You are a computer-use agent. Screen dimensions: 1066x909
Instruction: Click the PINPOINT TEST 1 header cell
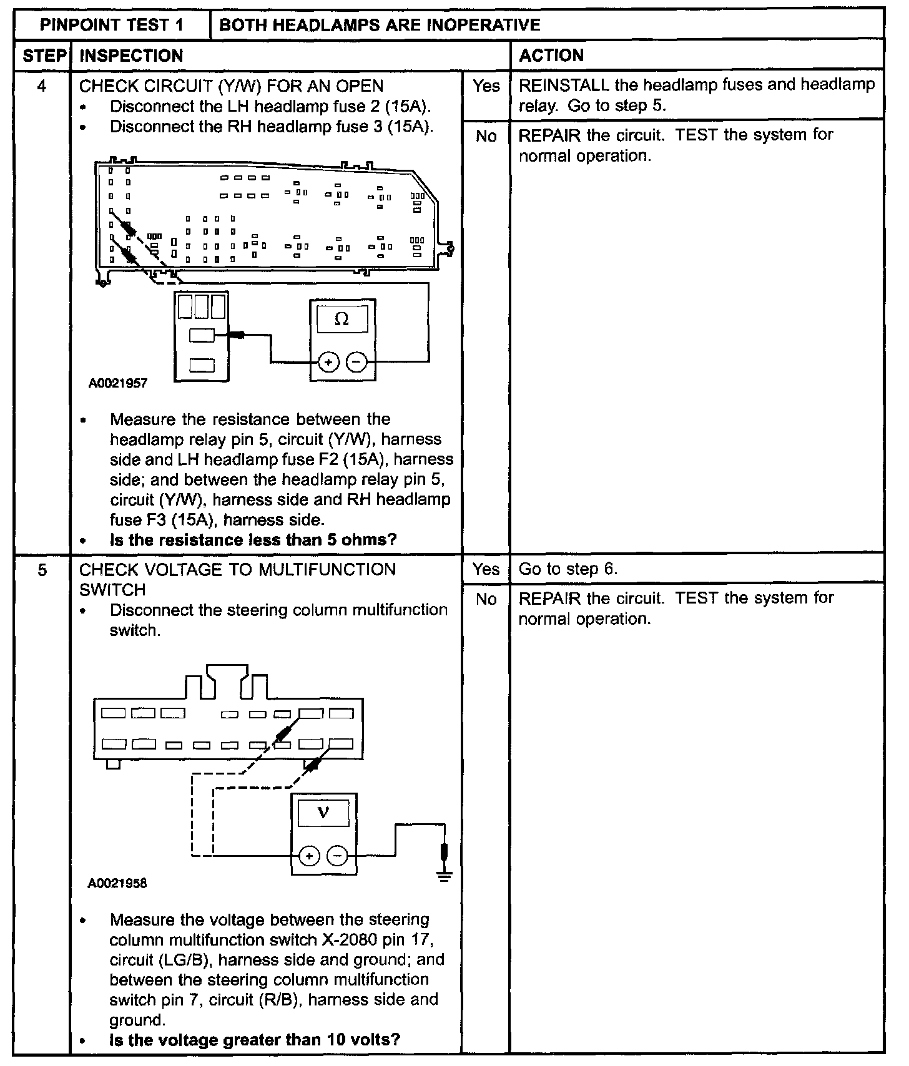[x=112, y=25]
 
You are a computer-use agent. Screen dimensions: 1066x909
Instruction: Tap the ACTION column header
[x=551, y=56]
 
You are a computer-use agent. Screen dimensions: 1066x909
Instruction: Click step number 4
[x=42, y=86]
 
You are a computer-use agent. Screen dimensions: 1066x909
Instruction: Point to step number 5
[x=42, y=570]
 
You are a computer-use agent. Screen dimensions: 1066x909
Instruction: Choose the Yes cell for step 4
[x=486, y=86]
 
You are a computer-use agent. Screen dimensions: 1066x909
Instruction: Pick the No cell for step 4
[x=486, y=136]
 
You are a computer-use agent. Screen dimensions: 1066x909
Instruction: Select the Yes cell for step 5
[x=486, y=569]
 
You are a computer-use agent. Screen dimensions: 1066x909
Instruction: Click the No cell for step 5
[x=486, y=599]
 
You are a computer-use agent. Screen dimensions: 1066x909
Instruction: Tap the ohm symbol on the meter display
[x=341, y=320]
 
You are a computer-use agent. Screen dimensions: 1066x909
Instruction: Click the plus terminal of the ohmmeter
[x=329, y=362]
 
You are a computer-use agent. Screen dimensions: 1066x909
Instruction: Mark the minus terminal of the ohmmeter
[x=356, y=362]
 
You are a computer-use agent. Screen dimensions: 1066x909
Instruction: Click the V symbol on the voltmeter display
[x=323, y=813]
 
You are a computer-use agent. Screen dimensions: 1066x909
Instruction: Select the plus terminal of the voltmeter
[x=309, y=856]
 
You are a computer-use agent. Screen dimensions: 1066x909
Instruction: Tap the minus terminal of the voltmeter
[x=338, y=856]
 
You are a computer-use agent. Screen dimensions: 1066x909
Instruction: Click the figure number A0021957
[x=118, y=383]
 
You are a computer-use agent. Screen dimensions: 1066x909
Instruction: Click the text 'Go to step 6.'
[x=568, y=569]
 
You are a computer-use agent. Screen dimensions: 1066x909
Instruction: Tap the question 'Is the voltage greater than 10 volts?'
[x=255, y=1040]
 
